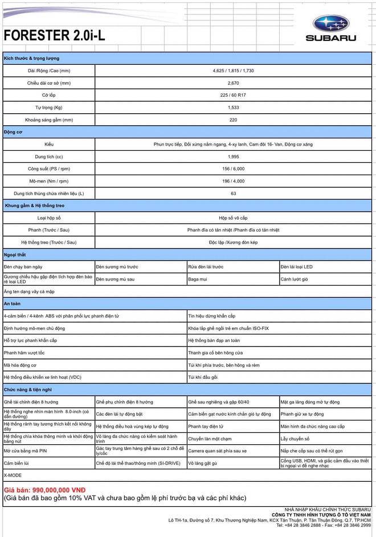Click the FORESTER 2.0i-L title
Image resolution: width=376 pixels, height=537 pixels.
click(55, 36)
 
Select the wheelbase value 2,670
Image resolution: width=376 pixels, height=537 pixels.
click(233, 83)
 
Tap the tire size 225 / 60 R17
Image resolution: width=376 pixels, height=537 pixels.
click(233, 95)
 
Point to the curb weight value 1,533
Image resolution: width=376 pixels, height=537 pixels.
click(233, 108)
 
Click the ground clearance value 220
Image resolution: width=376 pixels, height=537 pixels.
click(233, 120)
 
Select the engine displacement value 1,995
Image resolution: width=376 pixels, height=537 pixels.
click(233, 156)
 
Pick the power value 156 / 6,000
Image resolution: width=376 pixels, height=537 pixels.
click(233, 169)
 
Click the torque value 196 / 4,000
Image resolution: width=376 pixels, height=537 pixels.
click(233, 181)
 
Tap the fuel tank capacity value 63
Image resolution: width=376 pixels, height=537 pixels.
click(233, 193)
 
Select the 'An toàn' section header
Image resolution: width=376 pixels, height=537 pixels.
click(13, 304)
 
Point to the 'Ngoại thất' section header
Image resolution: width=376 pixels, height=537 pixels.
click(15, 255)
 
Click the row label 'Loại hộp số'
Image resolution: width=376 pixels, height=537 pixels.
click(49, 218)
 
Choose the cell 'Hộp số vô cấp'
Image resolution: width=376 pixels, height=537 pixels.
click(233, 218)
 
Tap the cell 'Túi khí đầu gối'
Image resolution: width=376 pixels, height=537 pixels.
click(203, 377)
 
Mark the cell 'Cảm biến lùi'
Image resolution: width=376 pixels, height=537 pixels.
click(17, 463)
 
